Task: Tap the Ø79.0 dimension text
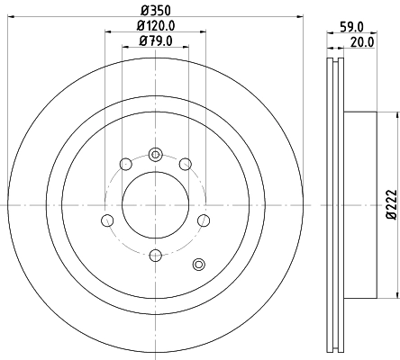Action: pyautogui.click(x=154, y=40)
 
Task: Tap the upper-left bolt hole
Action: pyautogui.click(x=123, y=164)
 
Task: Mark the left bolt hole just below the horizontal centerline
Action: pyautogui.click(x=107, y=220)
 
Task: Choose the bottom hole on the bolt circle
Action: pyautogui.click(x=154, y=258)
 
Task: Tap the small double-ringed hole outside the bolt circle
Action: pyautogui.click(x=199, y=264)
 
